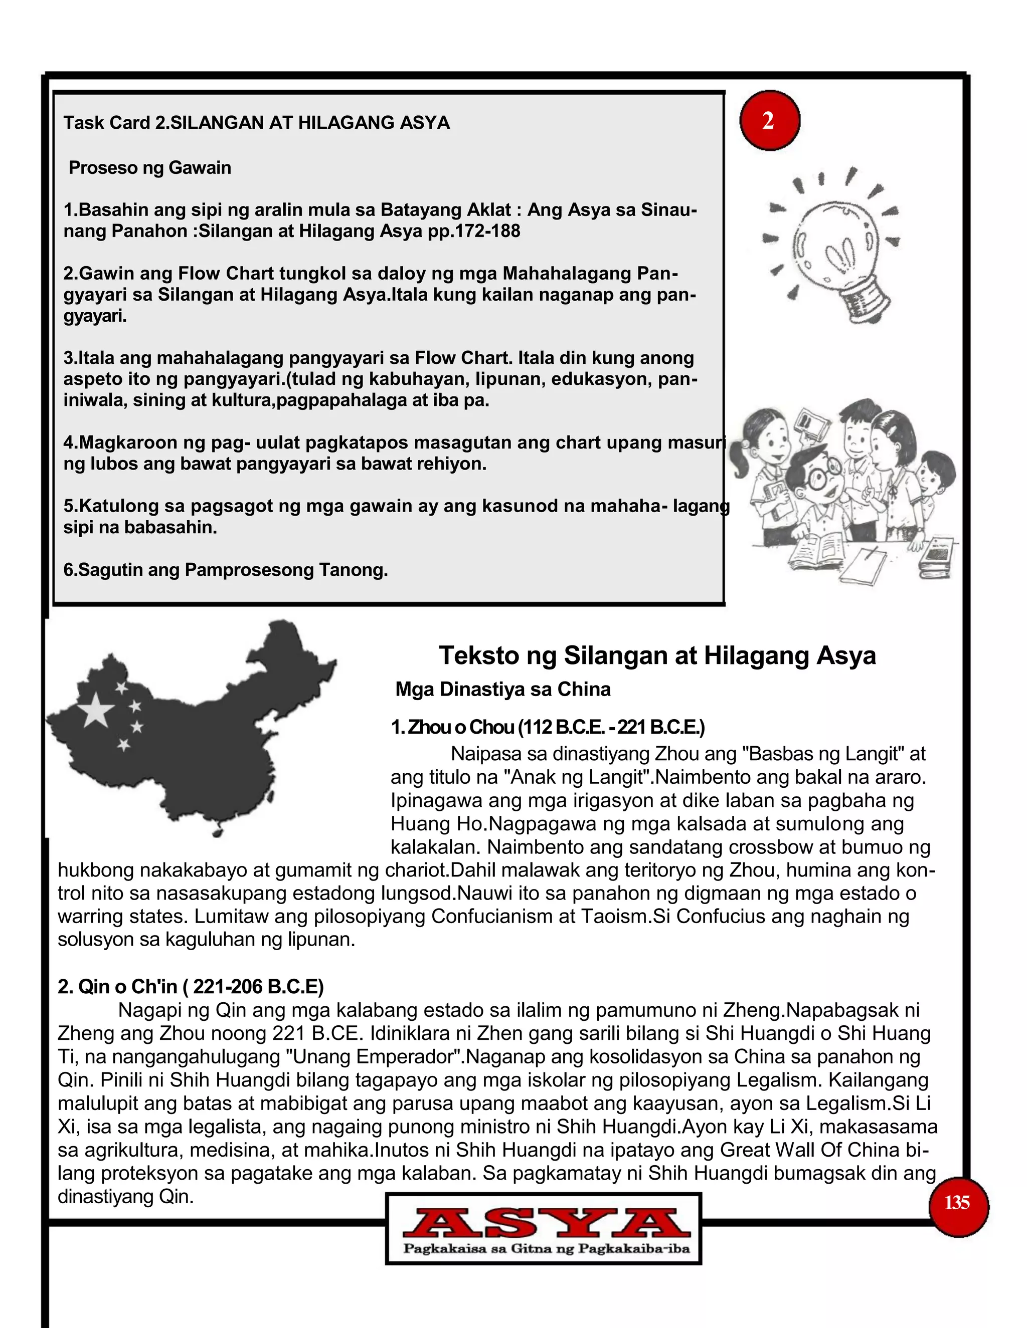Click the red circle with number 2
[x=769, y=120]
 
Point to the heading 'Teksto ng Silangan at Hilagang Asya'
[x=657, y=655]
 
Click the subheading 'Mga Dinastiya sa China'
[x=502, y=690]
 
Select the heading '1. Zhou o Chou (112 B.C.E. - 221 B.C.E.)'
[x=548, y=727]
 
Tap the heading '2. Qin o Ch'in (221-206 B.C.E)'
[x=191, y=986]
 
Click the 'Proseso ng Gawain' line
[x=149, y=168]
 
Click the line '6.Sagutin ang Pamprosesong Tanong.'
[x=225, y=570]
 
